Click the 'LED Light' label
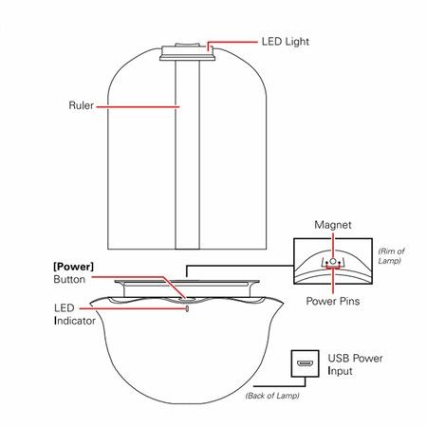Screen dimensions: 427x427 click(x=285, y=42)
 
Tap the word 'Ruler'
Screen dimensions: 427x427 click(x=82, y=105)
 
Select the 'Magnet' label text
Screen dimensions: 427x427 click(x=333, y=225)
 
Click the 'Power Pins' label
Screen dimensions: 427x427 click(x=333, y=301)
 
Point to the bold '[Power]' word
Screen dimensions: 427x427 click(x=73, y=267)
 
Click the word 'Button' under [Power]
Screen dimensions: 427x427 click(x=69, y=279)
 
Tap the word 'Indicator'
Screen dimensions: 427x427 click(x=75, y=321)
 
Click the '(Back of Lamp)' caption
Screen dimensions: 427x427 click(x=272, y=396)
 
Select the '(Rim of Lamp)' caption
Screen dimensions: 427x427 click(x=391, y=256)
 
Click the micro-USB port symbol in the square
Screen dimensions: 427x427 click(x=305, y=363)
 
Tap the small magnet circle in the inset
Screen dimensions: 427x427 click(x=333, y=262)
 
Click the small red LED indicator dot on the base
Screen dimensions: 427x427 click(x=187, y=308)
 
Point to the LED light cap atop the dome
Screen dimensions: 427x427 click(x=188, y=52)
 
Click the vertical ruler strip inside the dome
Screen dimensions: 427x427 click(x=188, y=155)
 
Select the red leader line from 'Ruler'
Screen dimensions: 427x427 click(x=138, y=107)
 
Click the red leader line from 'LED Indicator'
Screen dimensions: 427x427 click(x=133, y=308)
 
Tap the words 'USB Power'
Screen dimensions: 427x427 click(x=355, y=358)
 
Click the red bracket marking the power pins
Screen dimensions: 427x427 click(x=333, y=268)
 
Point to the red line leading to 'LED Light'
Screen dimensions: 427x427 click(x=232, y=42)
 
